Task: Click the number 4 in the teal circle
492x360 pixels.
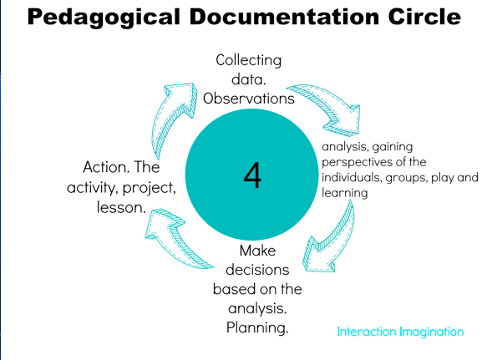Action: (x=252, y=175)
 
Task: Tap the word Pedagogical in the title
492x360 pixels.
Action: (x=104, y=18)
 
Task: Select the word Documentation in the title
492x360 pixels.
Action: (x=284, y=17)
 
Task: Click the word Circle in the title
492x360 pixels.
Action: (x=424, y=17)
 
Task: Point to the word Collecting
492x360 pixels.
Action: (x=249, y=61)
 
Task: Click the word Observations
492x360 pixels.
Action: (x=249, y=99)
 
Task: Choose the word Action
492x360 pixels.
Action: (x=106, y=167)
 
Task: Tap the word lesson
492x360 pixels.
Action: (x=121, y=207)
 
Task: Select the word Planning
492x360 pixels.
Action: (x=257, y=328)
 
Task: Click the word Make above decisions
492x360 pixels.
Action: (x=257, y=251)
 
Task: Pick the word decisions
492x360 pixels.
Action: (x=257, y=270)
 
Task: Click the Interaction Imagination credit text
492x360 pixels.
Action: (x=400, y=332)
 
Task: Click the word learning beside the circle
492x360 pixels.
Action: (x=344, y=193)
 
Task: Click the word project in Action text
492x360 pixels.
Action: (x=148, y=188)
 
